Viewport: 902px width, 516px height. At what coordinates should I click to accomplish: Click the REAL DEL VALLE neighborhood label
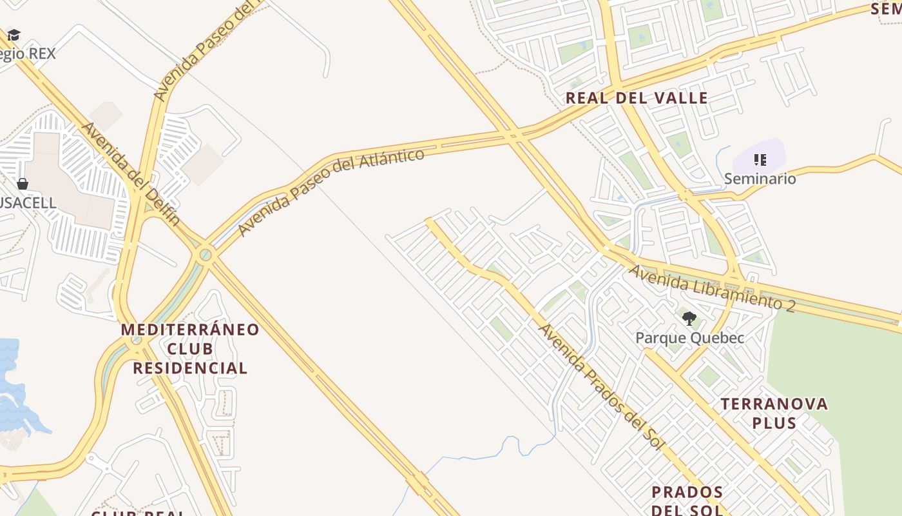[637, 98]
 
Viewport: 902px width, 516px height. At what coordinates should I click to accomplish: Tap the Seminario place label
[760, 179]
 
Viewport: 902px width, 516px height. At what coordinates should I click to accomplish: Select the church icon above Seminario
[760, 159]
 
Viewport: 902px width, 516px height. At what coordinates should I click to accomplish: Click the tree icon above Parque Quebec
[689, 318]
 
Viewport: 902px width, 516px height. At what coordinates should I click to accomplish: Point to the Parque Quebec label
[689, 337]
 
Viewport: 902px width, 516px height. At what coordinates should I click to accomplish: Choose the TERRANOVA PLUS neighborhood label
[774, 413]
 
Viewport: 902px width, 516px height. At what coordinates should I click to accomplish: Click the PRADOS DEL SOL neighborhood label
[687, 501]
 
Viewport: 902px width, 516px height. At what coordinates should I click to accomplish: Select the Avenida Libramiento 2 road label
[711, 288]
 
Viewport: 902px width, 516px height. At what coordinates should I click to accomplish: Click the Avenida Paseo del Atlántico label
[331, 192]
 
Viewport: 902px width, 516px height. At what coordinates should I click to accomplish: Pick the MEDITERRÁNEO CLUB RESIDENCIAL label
[190, 348]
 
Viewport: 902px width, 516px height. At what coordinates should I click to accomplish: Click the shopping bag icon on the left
[23, 184]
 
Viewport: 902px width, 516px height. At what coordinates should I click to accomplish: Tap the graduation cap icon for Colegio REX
[14, 35]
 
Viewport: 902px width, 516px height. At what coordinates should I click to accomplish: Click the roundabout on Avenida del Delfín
[206, 255]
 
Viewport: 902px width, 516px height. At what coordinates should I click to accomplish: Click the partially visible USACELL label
[28, 203]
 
